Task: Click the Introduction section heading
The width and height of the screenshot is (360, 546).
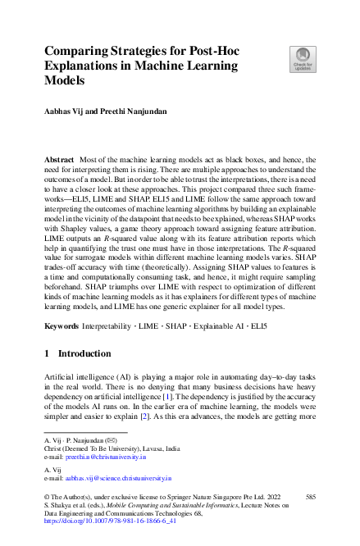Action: pyautogui.click(x=85, y=354)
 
